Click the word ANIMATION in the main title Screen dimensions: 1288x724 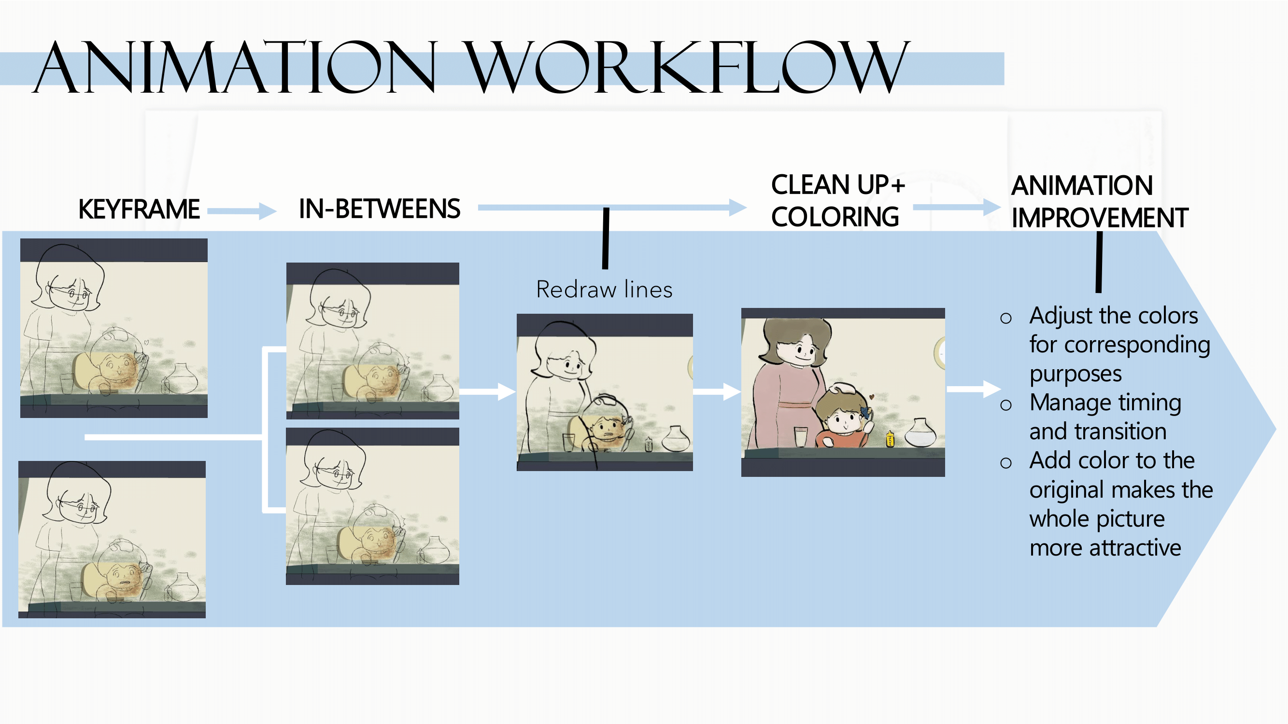pos(235,68)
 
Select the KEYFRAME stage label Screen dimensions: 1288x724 pos(139,209)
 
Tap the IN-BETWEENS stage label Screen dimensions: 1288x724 pos(380,209)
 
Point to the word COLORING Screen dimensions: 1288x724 pos(835,217)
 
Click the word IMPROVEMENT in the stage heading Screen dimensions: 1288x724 pos(1100,218)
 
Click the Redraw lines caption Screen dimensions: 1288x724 pos(604,289)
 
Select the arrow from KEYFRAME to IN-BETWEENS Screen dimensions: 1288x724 pos(242,210)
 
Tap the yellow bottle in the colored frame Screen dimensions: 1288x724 pos(890,439)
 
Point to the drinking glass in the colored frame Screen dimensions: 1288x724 pos(801,437)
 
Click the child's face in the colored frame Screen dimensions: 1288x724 pos(844,418)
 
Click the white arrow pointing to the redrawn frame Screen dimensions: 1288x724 pos(487,391)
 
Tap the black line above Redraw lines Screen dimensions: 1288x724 pos(606,238)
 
